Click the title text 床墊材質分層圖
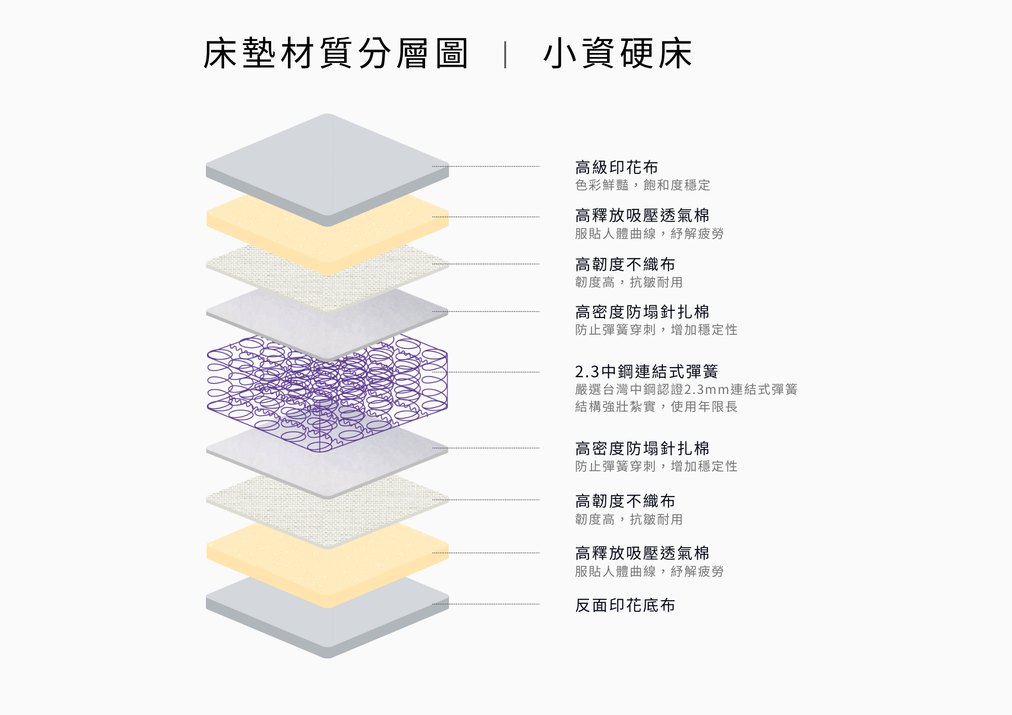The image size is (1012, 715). [335, 53]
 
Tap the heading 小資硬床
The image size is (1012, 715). [617, 53]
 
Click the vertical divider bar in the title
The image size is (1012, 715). [505, 55]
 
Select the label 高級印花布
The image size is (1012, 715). [616, 167]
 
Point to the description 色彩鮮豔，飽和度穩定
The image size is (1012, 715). [643, 185]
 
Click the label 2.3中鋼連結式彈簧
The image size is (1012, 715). [647, 372]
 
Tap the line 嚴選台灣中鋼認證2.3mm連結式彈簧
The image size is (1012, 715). [686, 389]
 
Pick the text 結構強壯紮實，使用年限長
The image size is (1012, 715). [656, 407]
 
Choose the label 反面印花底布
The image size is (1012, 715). [625, 605]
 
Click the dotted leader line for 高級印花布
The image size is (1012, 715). [486, 166]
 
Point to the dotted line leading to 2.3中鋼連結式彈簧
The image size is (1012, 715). [486, 372]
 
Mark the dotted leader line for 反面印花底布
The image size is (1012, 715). [486, 604]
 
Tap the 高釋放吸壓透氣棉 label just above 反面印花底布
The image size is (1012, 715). [642, 553]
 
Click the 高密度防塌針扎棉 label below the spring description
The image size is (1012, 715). [642, 449]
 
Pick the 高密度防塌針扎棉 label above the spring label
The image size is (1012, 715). [642, 312]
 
